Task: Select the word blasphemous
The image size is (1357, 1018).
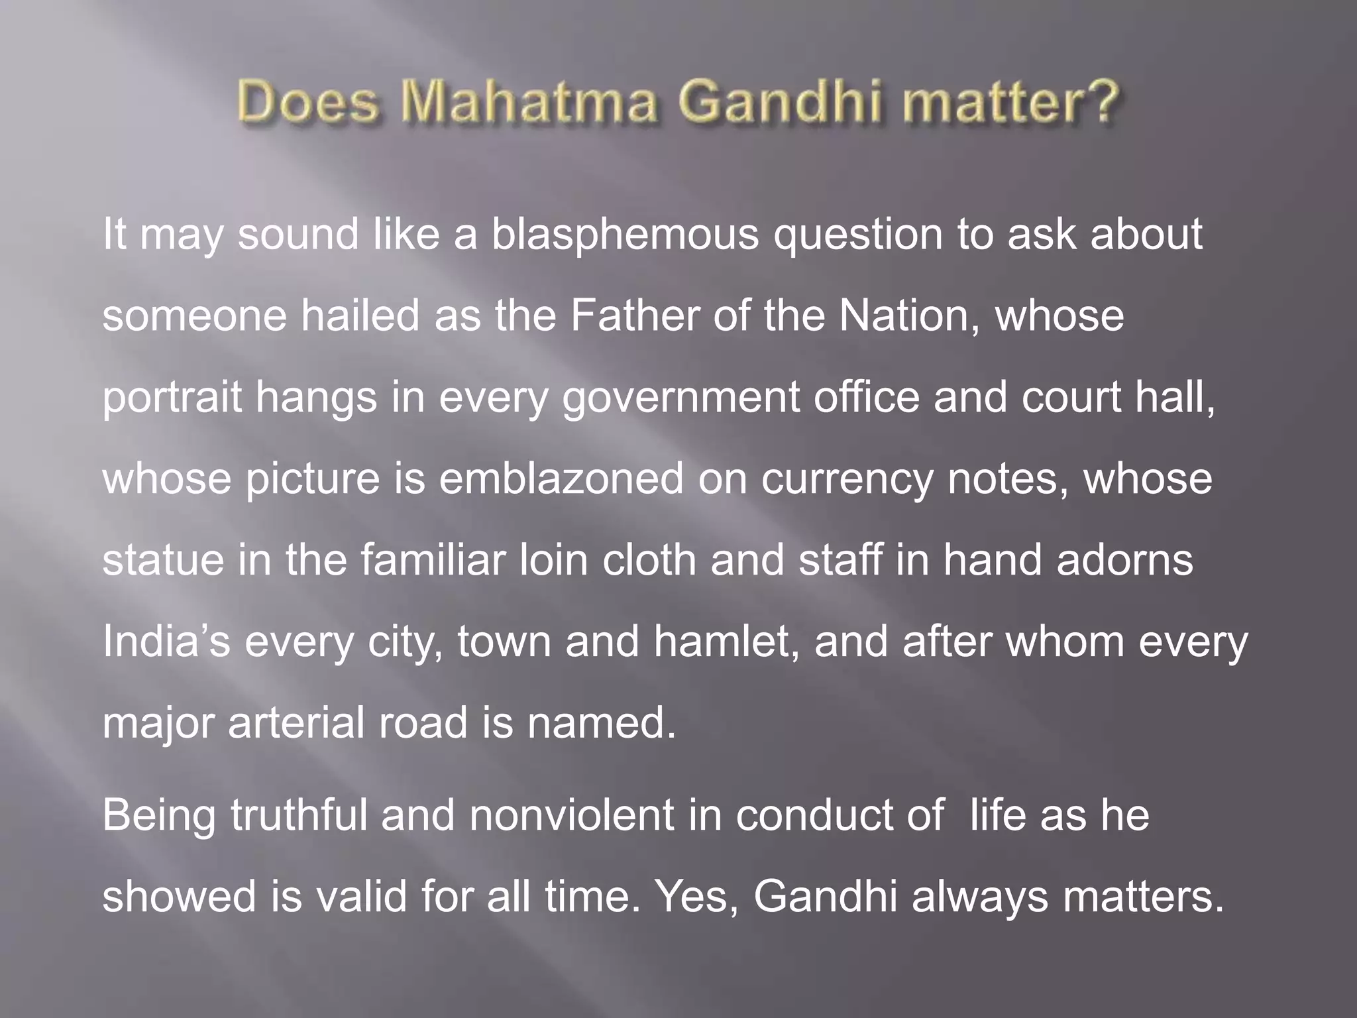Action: click(x=624, y=235)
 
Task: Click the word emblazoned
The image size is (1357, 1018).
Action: click(x=561, y=479)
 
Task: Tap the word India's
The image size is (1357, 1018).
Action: click(x=166, y=642)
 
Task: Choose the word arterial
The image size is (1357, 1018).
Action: click(x=296, y=722)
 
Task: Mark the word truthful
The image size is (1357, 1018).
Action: click(x=298, y=815)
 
